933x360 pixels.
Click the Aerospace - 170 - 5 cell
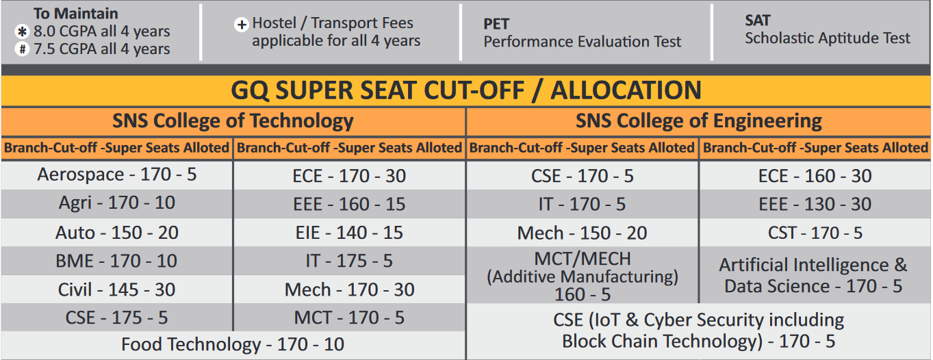click(116, 175)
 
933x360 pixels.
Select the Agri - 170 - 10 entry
click(116, 203)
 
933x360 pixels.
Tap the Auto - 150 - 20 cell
click(116, 233)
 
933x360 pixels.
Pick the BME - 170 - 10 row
click(116, 261)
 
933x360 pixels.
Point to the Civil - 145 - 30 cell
click(116, 290)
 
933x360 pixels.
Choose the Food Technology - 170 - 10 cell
click(233, 344)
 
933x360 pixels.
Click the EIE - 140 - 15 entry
click(349, 233)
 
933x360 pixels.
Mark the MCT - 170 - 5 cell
click(349, 318)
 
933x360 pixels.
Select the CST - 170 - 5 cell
click(815, 233)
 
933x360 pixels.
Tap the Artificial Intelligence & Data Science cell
click(813, 275)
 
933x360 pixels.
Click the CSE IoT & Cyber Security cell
click(698, 331)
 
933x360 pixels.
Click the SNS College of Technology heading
click(233, 121)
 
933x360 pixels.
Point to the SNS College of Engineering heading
click(698, 121)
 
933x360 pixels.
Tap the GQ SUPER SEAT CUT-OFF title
click(466, 90)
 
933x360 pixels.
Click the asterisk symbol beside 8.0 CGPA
click(22, 32)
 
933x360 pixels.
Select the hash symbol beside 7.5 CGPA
click(22, 49)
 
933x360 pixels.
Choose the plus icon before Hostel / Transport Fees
click(241, 25)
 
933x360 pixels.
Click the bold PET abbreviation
click(496, 24)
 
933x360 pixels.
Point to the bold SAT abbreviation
click(758, 21)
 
